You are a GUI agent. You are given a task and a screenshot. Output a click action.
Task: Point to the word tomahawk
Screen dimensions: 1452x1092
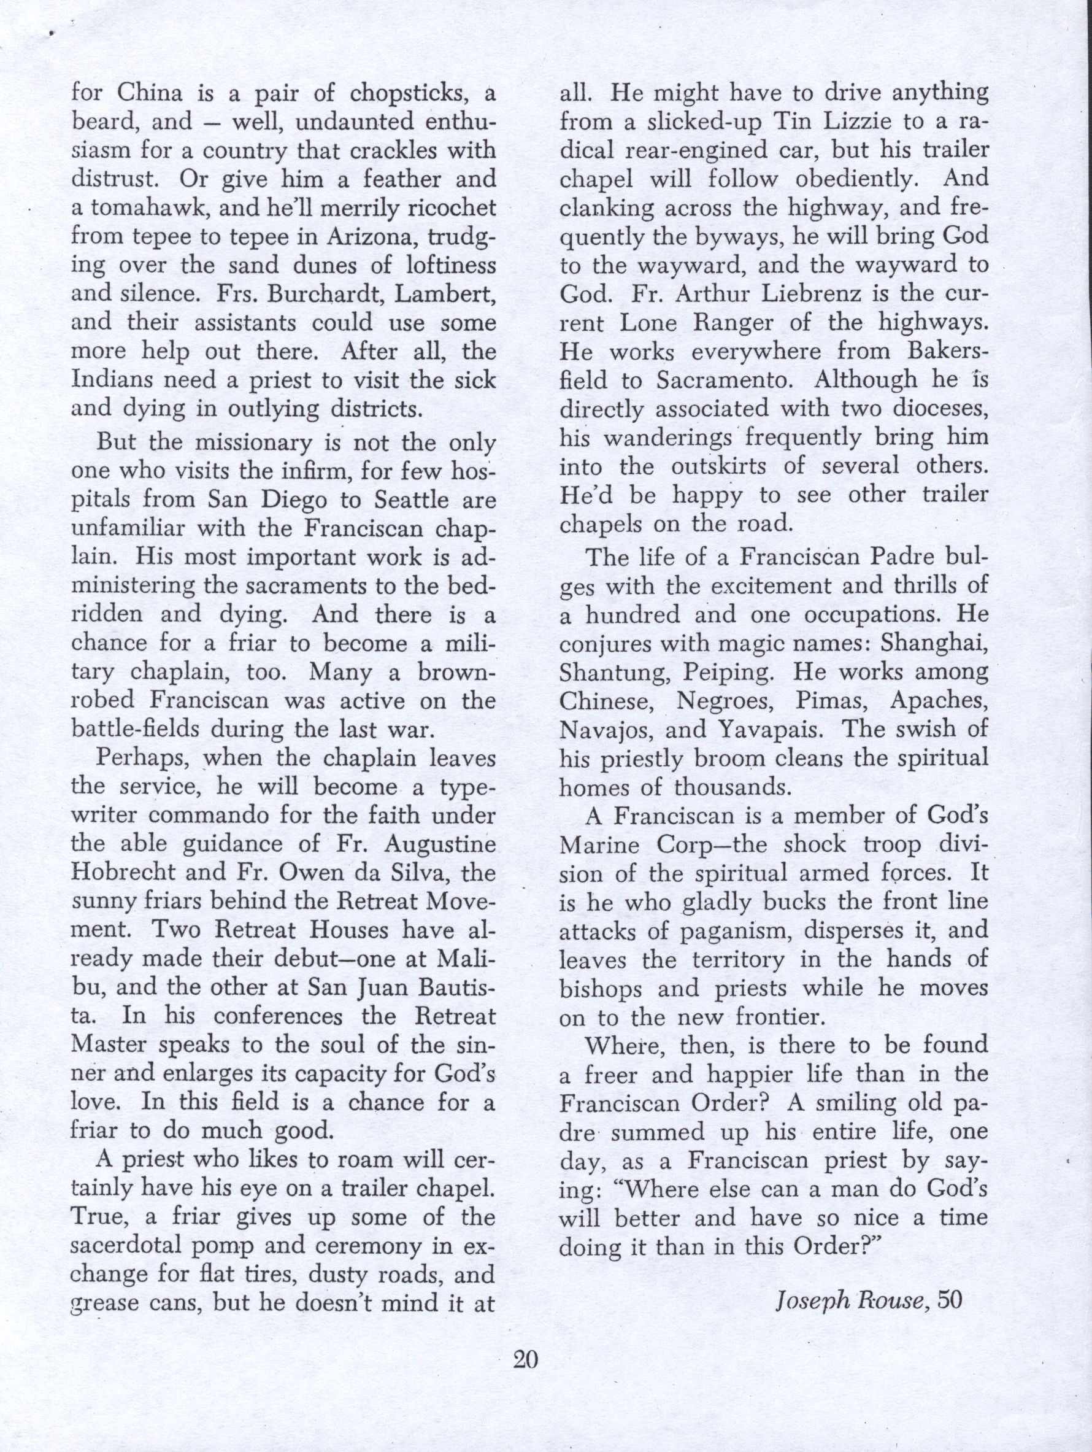click(142, 209)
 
